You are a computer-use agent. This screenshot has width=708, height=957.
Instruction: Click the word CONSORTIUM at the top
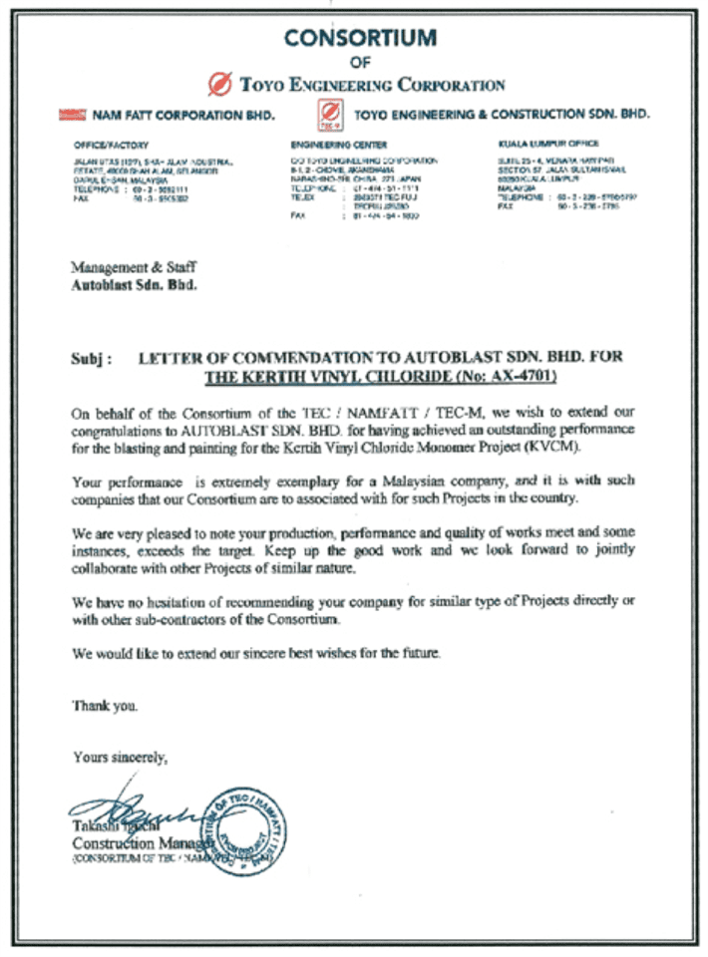pos(360,38)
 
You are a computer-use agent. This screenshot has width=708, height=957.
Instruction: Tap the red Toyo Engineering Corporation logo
pos(222,84)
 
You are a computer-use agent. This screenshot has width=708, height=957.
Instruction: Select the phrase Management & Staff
pos(134,267)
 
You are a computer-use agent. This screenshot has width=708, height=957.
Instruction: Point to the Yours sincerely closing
pos(120,758)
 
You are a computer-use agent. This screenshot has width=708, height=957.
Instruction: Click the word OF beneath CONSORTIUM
pos(360,62)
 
